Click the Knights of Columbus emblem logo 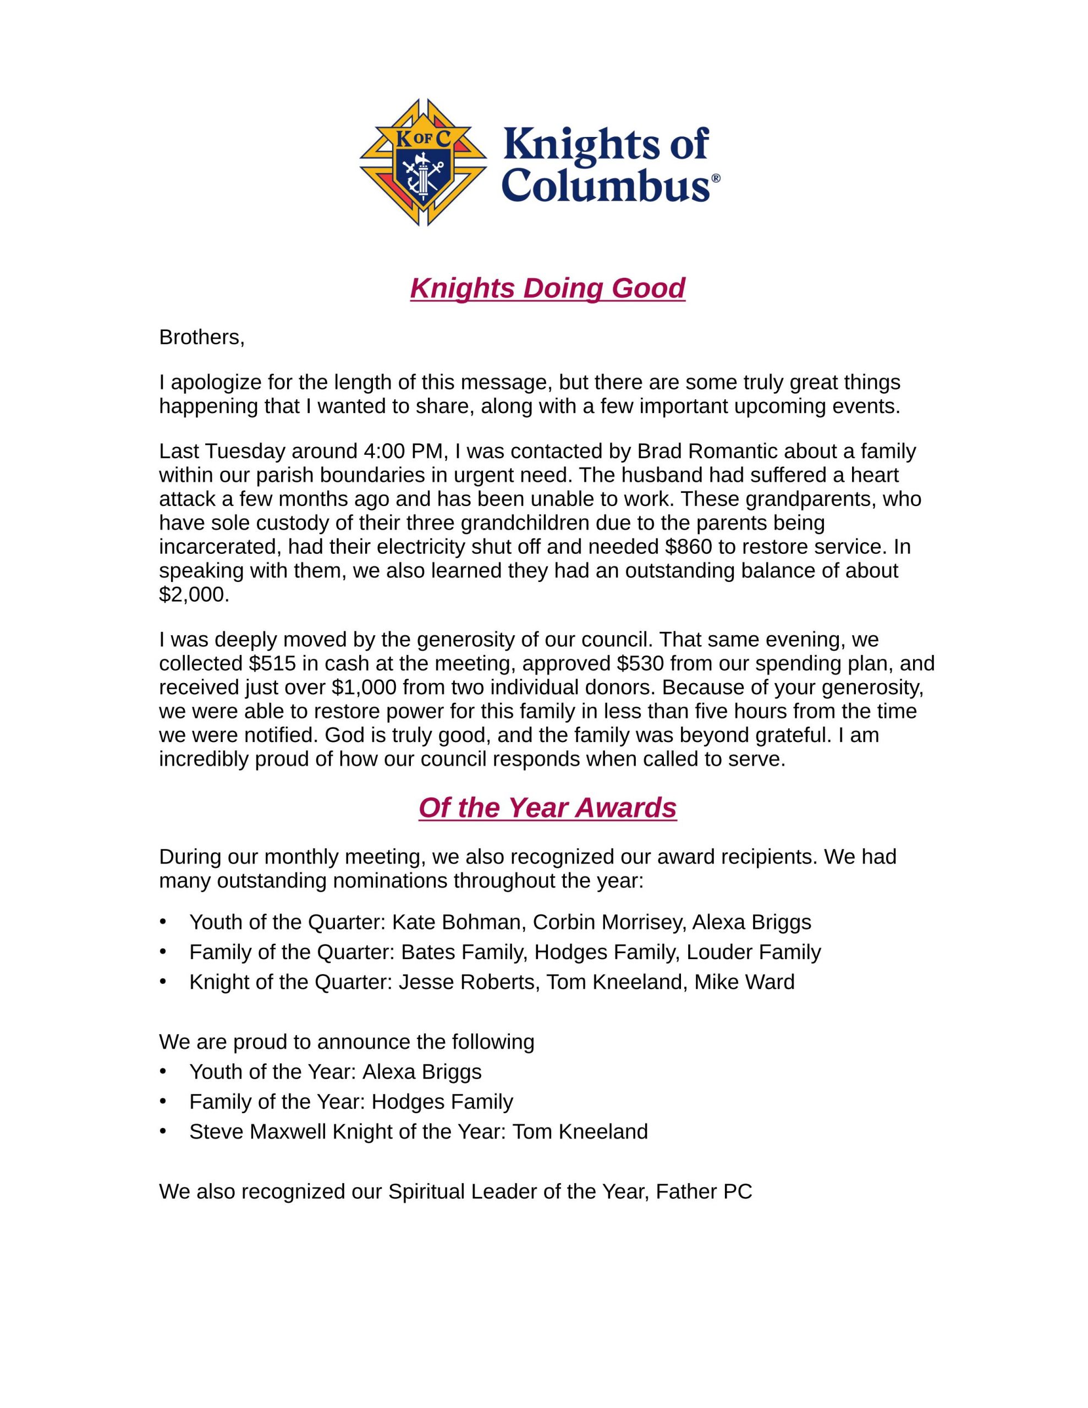(x=422, y=162)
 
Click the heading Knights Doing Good (x=547, y=288)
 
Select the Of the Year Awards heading (x=547, y=807)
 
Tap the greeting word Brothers (x=201, y=337)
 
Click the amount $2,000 (x=193, y=595)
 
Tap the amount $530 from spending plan (x=639, y=663)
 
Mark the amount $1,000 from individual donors (x=364, y=687)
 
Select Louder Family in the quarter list (x=753, y=952)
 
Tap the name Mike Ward (x=744, y=982)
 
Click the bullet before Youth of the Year (x=163, y=1071)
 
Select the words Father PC (x=704, y=1191)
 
